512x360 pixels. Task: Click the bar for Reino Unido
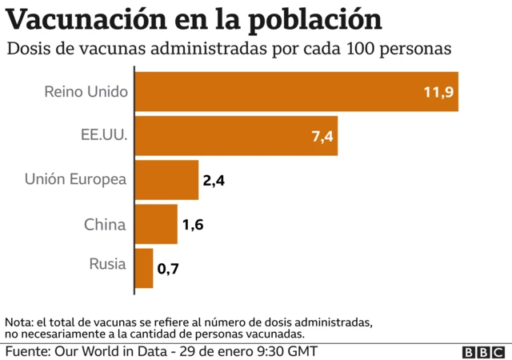296,92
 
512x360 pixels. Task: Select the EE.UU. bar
236,136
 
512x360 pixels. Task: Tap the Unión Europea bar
166,180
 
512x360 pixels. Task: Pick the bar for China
156,224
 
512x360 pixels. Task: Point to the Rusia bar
144,268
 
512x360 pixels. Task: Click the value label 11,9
438,92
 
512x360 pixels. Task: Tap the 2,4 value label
214,181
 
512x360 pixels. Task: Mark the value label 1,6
193,225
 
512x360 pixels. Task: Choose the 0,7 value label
168,269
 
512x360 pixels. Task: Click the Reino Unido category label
86,92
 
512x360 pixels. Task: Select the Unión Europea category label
76,180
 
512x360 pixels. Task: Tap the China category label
105,224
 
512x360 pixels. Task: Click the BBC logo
483,352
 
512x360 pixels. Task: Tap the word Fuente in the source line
27,351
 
